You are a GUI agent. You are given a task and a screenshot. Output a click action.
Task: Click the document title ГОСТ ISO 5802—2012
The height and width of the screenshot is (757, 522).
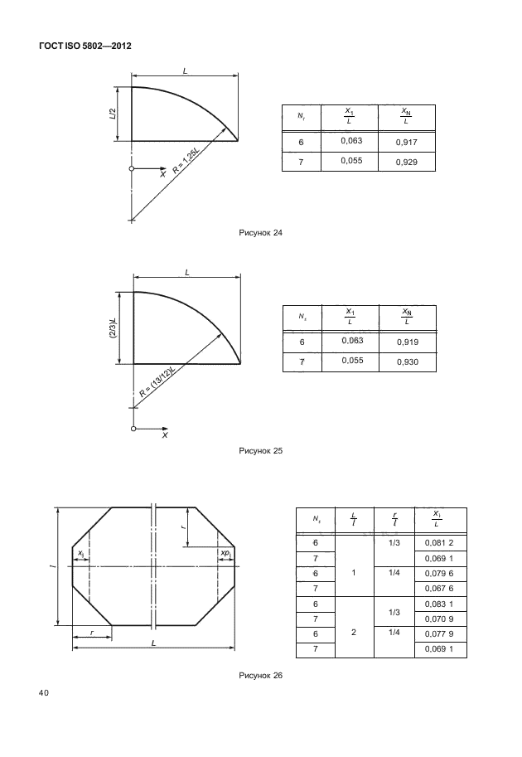point(85,46)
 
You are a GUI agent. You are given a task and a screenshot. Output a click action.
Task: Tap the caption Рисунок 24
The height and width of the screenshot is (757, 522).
point(261,233)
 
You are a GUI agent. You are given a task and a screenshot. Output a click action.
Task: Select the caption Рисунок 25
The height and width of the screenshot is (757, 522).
point(261,451)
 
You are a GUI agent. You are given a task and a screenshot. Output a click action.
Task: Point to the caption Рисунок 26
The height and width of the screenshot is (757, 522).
point(261,675)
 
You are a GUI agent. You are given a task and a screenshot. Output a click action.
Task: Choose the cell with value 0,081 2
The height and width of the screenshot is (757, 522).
point(438,542)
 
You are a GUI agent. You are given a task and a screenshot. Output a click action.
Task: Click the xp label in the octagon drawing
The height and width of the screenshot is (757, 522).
point(225,553)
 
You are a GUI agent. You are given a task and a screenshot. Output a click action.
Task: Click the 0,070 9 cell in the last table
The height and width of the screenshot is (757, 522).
point(438,619)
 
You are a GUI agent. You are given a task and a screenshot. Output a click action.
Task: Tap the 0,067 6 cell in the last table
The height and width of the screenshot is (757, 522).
point(438,588)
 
